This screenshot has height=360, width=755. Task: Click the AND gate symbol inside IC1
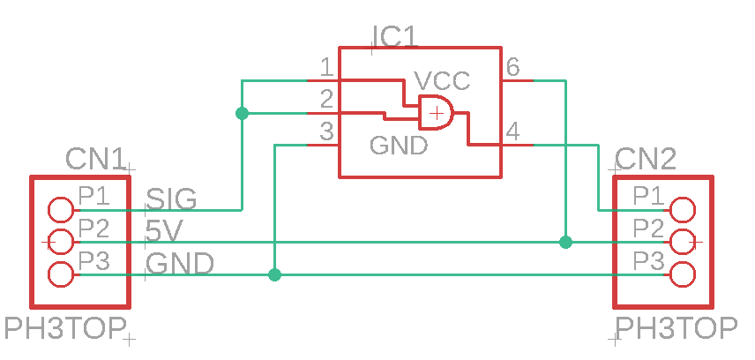tap(436, 113)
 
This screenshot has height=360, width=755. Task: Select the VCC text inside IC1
tap(443, 80)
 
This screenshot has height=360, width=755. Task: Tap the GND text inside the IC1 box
tap(399, 145)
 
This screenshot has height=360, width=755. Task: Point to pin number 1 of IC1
tap(326, 68)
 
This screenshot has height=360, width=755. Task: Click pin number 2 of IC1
tap(326, 100)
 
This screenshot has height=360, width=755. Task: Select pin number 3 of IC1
tap(326, 132)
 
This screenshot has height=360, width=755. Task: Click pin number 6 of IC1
tap(512, 68)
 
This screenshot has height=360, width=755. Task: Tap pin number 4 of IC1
tap(512, 132)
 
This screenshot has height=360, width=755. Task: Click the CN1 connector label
tap(96, 159)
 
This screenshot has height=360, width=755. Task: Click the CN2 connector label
tap(646, 159)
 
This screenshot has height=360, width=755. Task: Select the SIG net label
tap(171, 199)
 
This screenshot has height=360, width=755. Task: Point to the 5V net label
tap(164, 231)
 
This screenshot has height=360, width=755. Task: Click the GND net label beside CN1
tap(180, 264)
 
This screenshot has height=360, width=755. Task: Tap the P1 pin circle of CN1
tap(61, 209)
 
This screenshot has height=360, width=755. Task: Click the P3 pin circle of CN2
tap(682, 274)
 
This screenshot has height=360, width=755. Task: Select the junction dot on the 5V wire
tap(566, 242)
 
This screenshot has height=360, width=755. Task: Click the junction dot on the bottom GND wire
tap(275, 274)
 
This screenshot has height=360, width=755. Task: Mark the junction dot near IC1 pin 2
tap(243, 113)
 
